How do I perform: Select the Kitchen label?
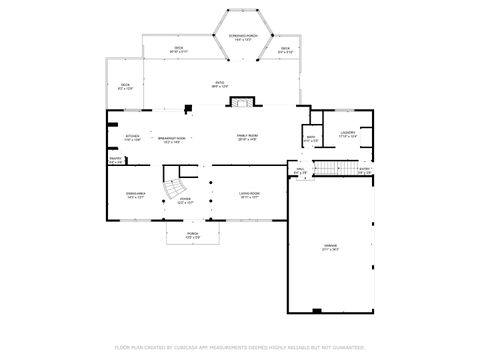point(133,138)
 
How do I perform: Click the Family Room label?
point(247,137)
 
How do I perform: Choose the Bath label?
point(311,139)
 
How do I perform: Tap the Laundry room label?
point(348,133)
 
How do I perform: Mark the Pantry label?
point(115,159)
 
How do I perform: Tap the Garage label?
point(331,247)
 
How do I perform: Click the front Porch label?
point(192,236)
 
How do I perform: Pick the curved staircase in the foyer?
point(177,186)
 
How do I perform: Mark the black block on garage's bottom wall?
point(316,311)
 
